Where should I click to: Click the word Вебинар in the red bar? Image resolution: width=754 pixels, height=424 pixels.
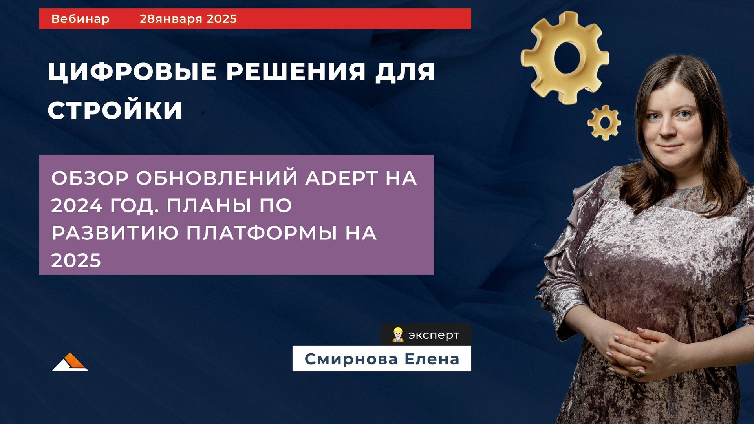click(x=80, y=19)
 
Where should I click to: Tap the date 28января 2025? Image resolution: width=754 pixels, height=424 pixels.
click(x=188, y=19)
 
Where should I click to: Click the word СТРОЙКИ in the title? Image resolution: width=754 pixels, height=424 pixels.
click(x=115, y=110)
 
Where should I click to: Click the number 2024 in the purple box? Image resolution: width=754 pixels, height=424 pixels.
click(x=77, y=205)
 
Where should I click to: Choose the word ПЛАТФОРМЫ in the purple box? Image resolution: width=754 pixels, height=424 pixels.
click(x=262, y=233)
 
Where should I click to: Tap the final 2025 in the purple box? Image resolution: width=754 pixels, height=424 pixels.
click(x=76, y=260)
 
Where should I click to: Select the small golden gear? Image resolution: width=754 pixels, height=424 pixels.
click(x=604, y=122)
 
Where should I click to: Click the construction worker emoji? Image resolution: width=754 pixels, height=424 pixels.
click(x=398, y=335)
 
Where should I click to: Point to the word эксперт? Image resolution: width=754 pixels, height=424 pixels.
click(x=434, y=335)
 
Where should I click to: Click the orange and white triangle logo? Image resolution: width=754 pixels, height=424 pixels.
click(x=70, y=362)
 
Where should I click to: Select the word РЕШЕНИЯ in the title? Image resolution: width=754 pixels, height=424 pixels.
click(x=296, y=72)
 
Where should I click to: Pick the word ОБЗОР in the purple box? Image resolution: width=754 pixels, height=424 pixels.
click(x=90, y=178)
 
